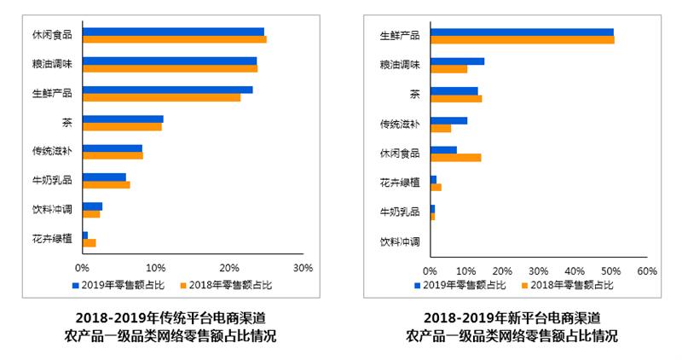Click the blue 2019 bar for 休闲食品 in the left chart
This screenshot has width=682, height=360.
click(173, 32)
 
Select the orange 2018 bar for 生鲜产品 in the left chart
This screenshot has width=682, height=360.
click(161, 97)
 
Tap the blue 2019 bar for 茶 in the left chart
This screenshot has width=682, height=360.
click(123, 119)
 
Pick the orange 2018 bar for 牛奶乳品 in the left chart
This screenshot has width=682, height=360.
click(106, 184)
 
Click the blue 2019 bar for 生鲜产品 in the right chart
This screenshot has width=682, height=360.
click(522, 32)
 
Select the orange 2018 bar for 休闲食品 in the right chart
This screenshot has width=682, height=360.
click(455, 158)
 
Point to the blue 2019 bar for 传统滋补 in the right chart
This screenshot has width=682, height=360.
click(448, 120)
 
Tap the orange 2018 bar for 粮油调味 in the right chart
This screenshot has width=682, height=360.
click(448, 69)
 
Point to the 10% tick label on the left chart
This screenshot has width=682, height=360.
click(155, 267)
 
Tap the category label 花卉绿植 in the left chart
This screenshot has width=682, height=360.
click(52, 238)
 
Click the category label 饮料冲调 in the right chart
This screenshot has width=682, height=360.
click(400, 241)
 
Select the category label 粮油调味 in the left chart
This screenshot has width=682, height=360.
click(52, 64)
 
